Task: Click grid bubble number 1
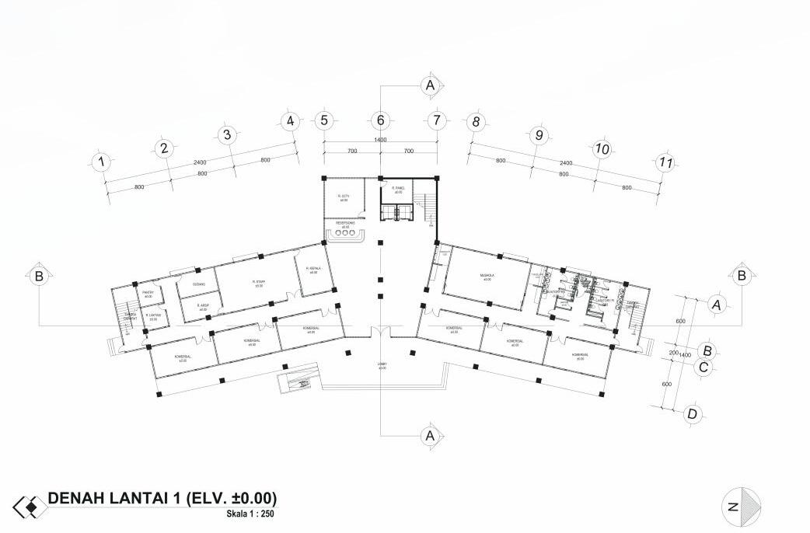(x=100, y=162)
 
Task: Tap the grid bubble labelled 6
(x=380, y=120)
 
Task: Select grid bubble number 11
(x=664, y=162)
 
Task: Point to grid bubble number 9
(x=537, y=135)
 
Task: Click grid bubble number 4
(x=289, y=121)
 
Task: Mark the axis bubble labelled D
(x=692, y=413)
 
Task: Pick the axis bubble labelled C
(x=703, y=368)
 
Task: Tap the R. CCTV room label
(x=343, y=197)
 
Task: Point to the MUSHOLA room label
(x=487, y=276)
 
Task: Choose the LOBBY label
(x=382, y=364)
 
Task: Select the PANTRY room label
(x=148, y=292)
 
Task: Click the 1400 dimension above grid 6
(x=380, y=140)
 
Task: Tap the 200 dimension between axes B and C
(x=673, y=352)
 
